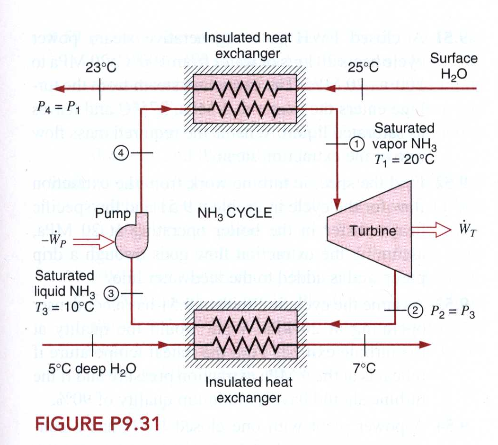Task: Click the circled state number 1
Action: [356, 143]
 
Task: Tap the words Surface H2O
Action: [453, 66]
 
